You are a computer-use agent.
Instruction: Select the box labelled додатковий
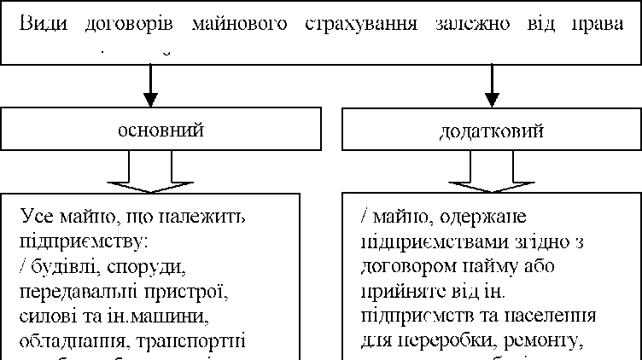tap(492, 131)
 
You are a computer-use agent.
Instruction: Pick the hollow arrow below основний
tap(150, 174)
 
